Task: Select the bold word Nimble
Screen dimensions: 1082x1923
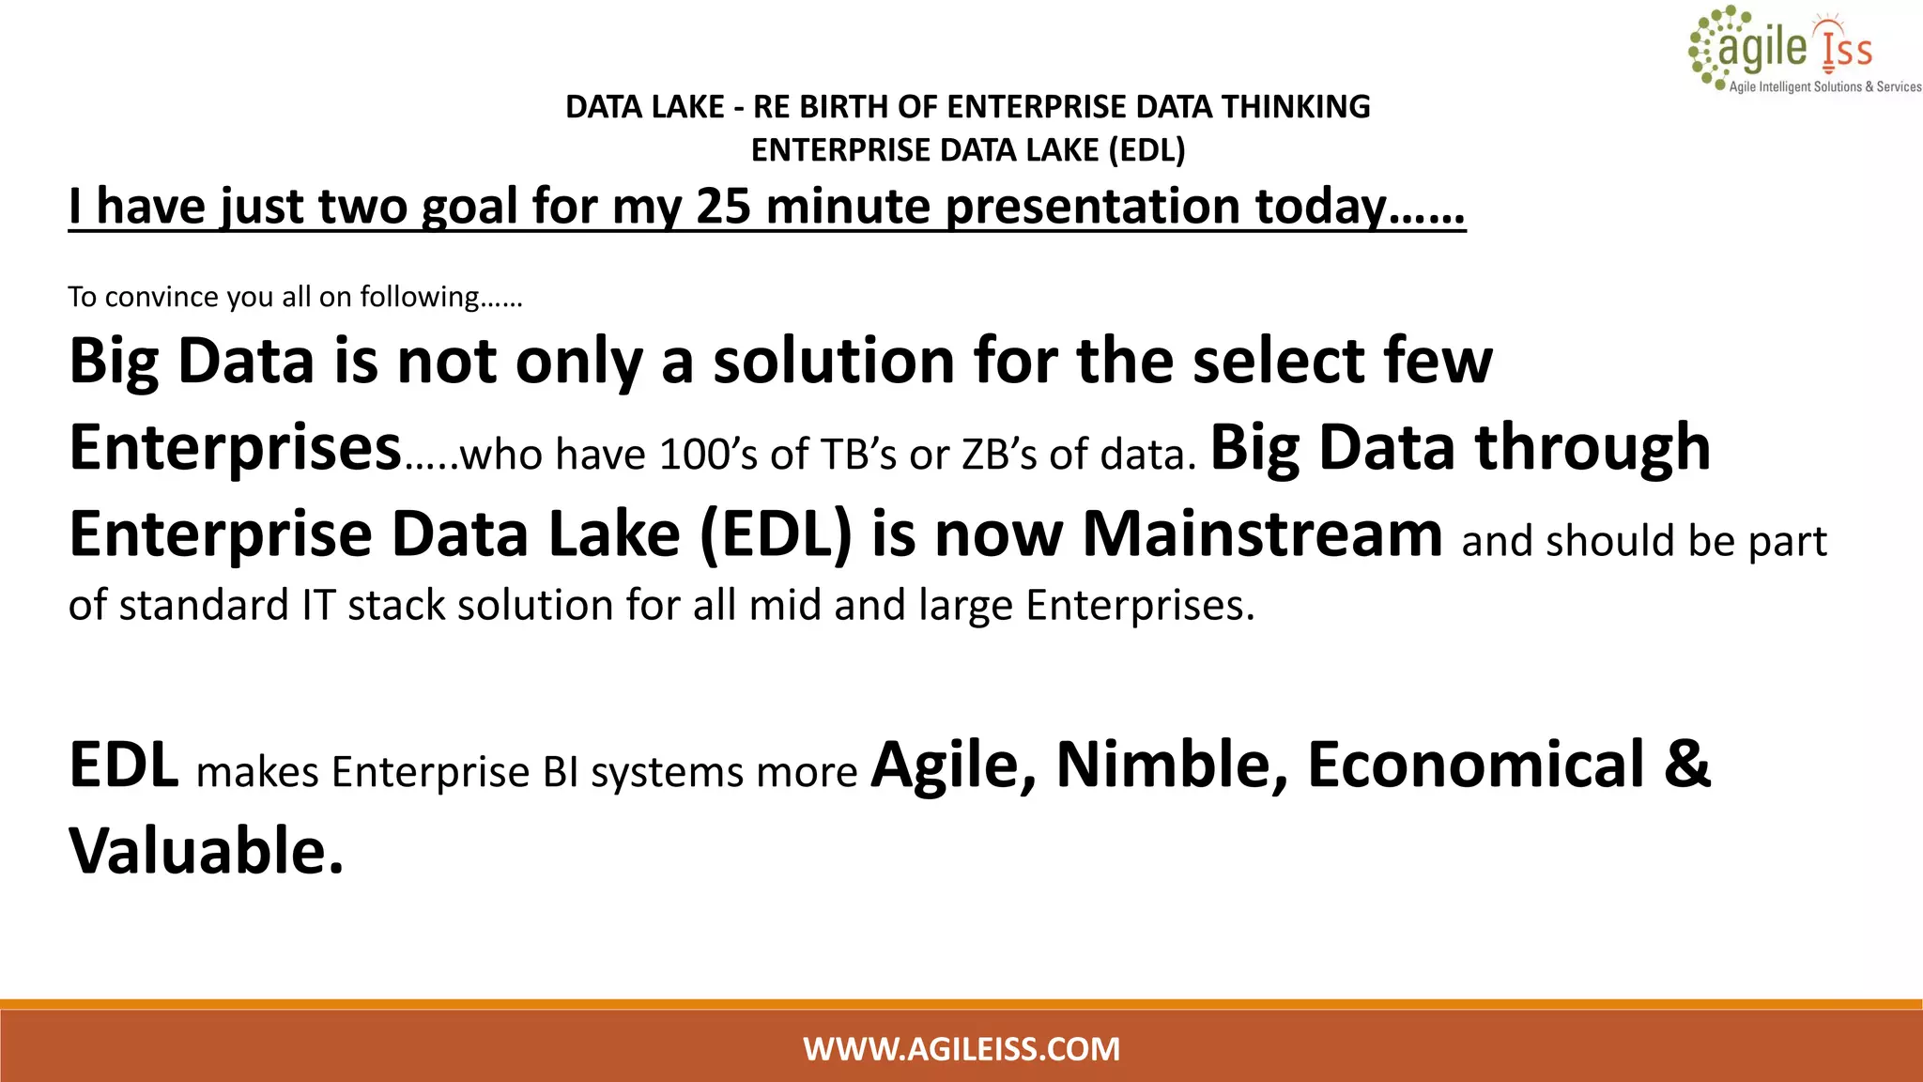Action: (1172, 765)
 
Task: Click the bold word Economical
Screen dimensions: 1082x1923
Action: (1476, 765)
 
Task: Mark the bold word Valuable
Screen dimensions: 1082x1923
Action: (206, 851)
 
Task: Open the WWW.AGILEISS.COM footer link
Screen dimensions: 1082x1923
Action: (961, 1048)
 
